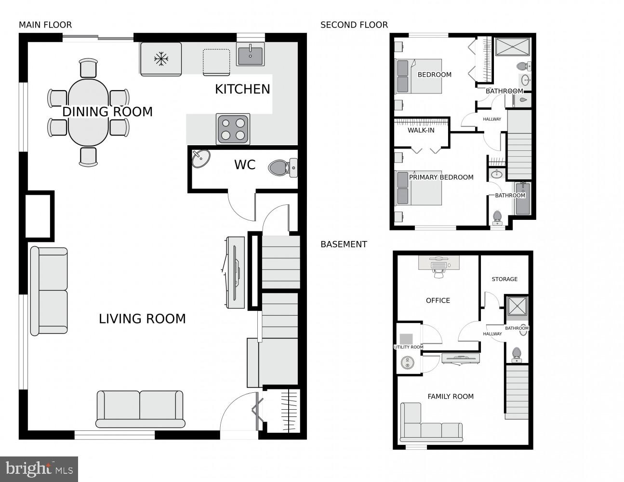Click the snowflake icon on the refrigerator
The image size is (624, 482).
tap(161, 59)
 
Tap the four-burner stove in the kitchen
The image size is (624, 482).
tap(233, 129)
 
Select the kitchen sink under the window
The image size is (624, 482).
tap(251, 54)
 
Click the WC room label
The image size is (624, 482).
tap(245, 165)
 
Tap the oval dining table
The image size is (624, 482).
tap(88, 113)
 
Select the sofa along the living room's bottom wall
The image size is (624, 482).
tap(140, 409)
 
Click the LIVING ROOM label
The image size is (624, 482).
tap(142, 319)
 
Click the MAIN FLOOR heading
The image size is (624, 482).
tap(45, 25)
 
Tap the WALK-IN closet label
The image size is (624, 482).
tap(421, 130)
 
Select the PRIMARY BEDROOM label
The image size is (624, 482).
tap(441, 177)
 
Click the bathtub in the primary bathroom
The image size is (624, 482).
tap(522, 199)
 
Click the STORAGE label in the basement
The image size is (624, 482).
tap(505, 279)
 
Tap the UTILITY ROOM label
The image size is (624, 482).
tap(409, 347)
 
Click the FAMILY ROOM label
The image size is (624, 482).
tap(451, 396)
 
